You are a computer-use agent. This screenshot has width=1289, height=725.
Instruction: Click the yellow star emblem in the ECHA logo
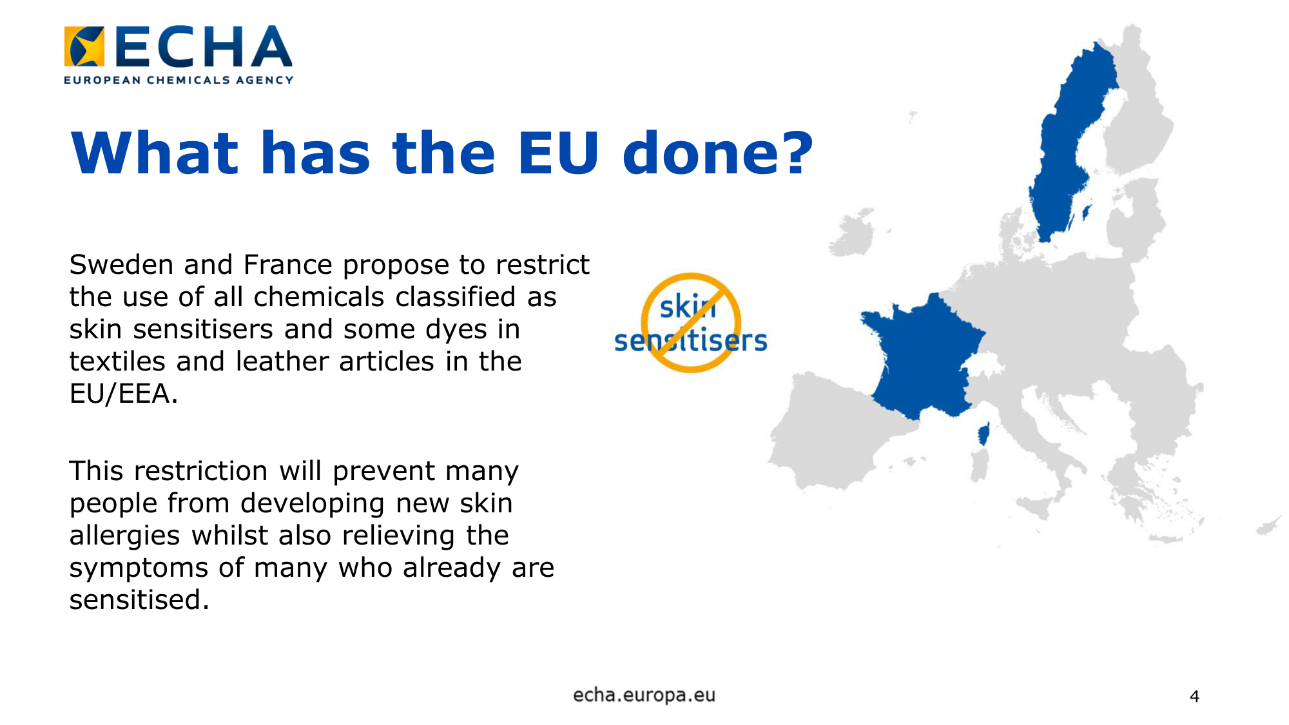(x=84, y=46)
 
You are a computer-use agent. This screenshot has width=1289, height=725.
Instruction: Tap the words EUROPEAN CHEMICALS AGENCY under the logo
(x=179, y=80)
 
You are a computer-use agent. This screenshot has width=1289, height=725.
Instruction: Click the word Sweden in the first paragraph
(x=121, y=265)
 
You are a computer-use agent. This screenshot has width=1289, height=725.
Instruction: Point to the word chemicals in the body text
(x=320, y=297)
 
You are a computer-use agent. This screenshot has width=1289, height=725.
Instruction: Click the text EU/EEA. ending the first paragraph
(x=124, y=394)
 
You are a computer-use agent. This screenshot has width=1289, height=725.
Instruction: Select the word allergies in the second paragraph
(x=125, y=536)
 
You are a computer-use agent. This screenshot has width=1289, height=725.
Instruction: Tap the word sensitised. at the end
(x=139, y=600)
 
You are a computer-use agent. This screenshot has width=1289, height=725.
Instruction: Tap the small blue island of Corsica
(x=984, y=434)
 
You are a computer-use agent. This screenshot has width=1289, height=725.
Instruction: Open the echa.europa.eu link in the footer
(x=644, y=695)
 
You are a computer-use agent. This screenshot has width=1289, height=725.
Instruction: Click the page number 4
(x=1194, y=696)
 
